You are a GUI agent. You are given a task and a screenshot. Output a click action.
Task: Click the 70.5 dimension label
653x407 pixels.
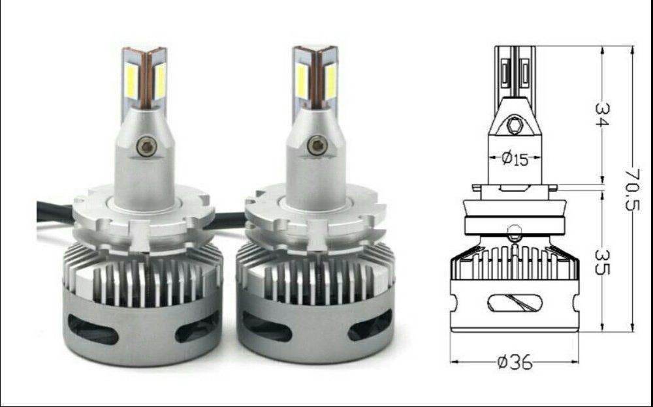pyautogui.click(x=631, y=188)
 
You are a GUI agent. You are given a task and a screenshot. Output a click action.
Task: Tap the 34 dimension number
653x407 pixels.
pyautogui.click(x=602, y=114)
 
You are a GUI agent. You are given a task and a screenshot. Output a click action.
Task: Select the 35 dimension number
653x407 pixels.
pyautogui.click(x=602, y=262)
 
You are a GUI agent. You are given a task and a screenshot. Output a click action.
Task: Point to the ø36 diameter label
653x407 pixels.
pyautogui.click(x=515, y=362)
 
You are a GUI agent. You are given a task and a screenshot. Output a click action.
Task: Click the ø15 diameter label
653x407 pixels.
pyautogui.click(x=515, y=158)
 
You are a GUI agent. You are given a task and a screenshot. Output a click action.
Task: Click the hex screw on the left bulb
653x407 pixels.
pyautogui.click(x=146, y=146)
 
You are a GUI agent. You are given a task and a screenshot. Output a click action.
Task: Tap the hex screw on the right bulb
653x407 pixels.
pyautogui.click(x=317, y=145)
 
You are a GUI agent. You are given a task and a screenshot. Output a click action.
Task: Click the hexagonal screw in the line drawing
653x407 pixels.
pyautogui.click(x=515, y=125)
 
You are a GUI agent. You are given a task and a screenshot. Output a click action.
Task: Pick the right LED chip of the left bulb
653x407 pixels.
pyautogui.click(x=160, y=81)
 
